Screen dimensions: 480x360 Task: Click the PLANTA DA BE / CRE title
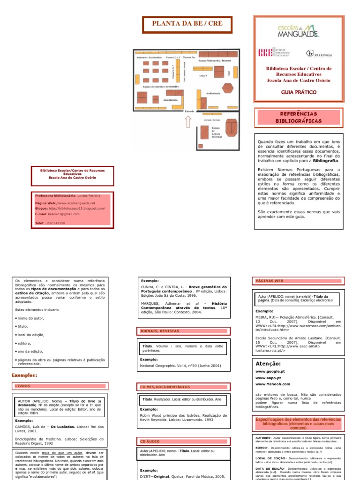coord(187,23)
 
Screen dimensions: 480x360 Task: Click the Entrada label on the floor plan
coord(189,111)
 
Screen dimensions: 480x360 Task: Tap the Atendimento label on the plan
coord(171,100)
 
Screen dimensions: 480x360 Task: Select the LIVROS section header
coord(22,385)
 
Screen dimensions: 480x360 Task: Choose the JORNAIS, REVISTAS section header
coord(160,331)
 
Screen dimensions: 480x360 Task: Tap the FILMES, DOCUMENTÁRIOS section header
coord(165,387)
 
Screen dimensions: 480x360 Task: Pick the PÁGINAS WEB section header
coord(270,280)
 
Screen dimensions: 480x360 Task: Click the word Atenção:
coord(269,363)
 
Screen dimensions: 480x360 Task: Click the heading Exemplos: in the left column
coord(24,375)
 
